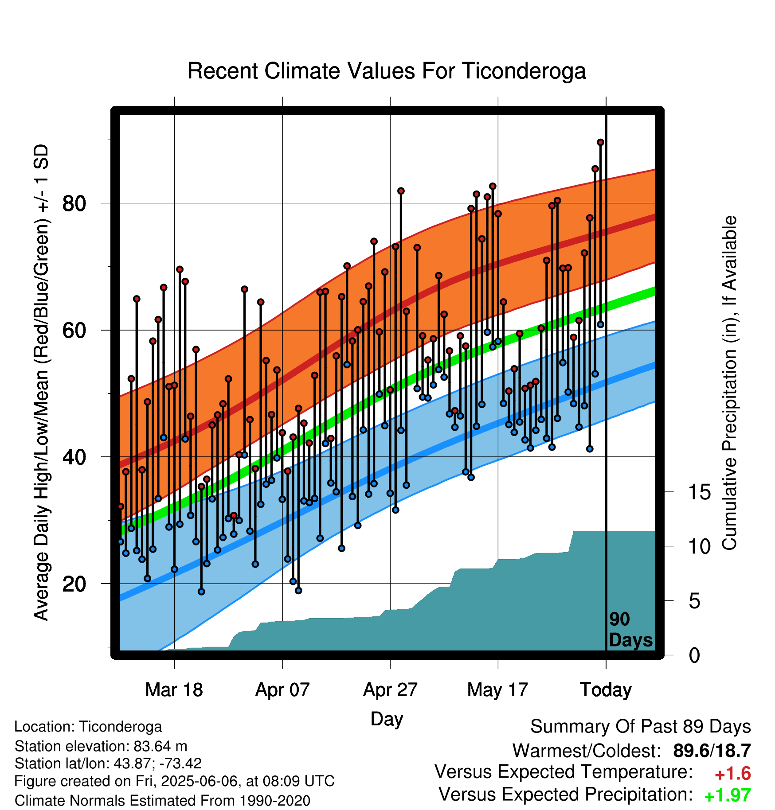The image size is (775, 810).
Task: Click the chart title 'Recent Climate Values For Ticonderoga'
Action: [x=387, y=71]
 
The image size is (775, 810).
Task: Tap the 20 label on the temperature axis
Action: [x=74, y=584]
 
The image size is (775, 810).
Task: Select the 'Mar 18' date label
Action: [x=174, y=689]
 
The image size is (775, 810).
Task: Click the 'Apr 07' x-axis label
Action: [x=282, y=689]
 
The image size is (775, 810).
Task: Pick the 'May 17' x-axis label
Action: [x=497, y=689]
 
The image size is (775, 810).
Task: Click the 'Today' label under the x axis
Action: [x=606, y=689]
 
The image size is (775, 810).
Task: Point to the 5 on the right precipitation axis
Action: [x=694, y=601]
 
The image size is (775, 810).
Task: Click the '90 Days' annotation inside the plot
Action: [x=630, y=630]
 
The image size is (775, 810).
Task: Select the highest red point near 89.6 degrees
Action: [x=600, y=142]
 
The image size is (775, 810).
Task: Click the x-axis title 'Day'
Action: [x=387, y=719]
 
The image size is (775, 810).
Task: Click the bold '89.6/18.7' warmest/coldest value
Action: [x=712, y=751]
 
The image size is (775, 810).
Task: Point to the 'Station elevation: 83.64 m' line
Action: [x=101, y=746]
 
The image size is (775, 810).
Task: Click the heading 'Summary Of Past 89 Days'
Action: [x=641, y=727]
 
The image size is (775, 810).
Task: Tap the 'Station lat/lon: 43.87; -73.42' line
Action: [x=108, y=763]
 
